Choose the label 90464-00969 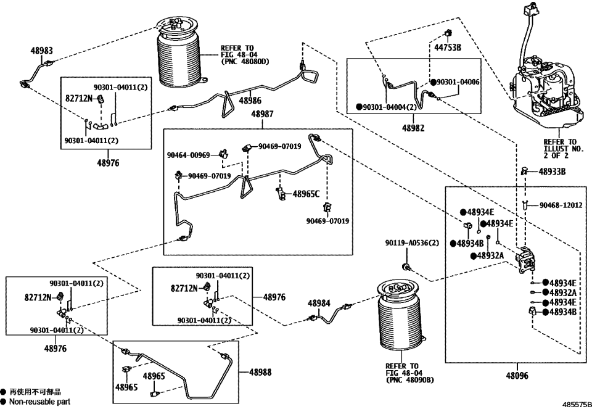(188, 155)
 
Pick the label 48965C (306, 194)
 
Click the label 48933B (553, 172)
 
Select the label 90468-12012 (562, 205)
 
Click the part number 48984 (319, 303)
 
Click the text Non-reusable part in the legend (39, 402)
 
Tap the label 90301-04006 (459, 82)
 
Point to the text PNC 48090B (410, 379)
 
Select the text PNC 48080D (245, 61)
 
